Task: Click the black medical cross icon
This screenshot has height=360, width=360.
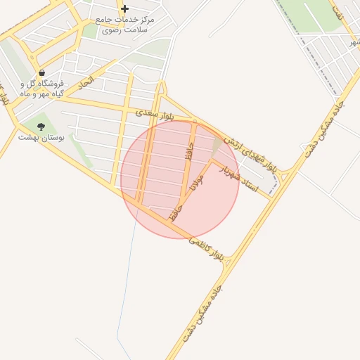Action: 124,9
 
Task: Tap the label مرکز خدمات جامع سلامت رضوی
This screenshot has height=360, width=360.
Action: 127,25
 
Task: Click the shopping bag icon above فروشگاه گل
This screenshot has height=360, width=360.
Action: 42,72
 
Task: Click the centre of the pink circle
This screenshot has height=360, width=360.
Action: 180,179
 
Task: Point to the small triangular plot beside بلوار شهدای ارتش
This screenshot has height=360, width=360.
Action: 217,148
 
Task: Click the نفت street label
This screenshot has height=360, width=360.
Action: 338,12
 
